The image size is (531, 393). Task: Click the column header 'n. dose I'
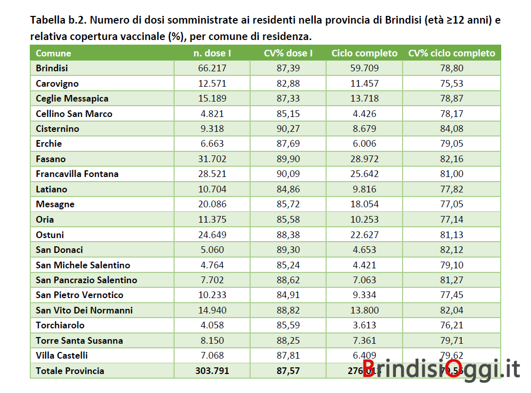point(212,53)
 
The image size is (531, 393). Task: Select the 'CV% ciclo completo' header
point(451,53)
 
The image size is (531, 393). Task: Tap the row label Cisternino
point(58,129)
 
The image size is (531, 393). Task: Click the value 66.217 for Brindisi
point(212,68)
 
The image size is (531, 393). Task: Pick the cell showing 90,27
point(289,129)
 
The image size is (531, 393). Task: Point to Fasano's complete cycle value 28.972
point(365,159)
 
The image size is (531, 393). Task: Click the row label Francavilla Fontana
point(77,174)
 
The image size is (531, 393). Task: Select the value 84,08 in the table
point(451,129)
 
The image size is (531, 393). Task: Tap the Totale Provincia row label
point(70,371)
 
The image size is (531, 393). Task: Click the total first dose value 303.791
point(212,371)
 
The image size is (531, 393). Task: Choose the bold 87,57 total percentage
point(289,371)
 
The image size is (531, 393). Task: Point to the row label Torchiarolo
point(60,325)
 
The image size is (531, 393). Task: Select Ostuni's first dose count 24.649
point(212,235)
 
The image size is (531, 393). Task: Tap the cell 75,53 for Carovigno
point(451,84)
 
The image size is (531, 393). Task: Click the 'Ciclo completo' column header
point(365,53)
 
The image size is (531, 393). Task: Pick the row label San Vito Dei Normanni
point(84,310)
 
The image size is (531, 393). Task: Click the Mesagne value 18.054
point(365,204)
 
